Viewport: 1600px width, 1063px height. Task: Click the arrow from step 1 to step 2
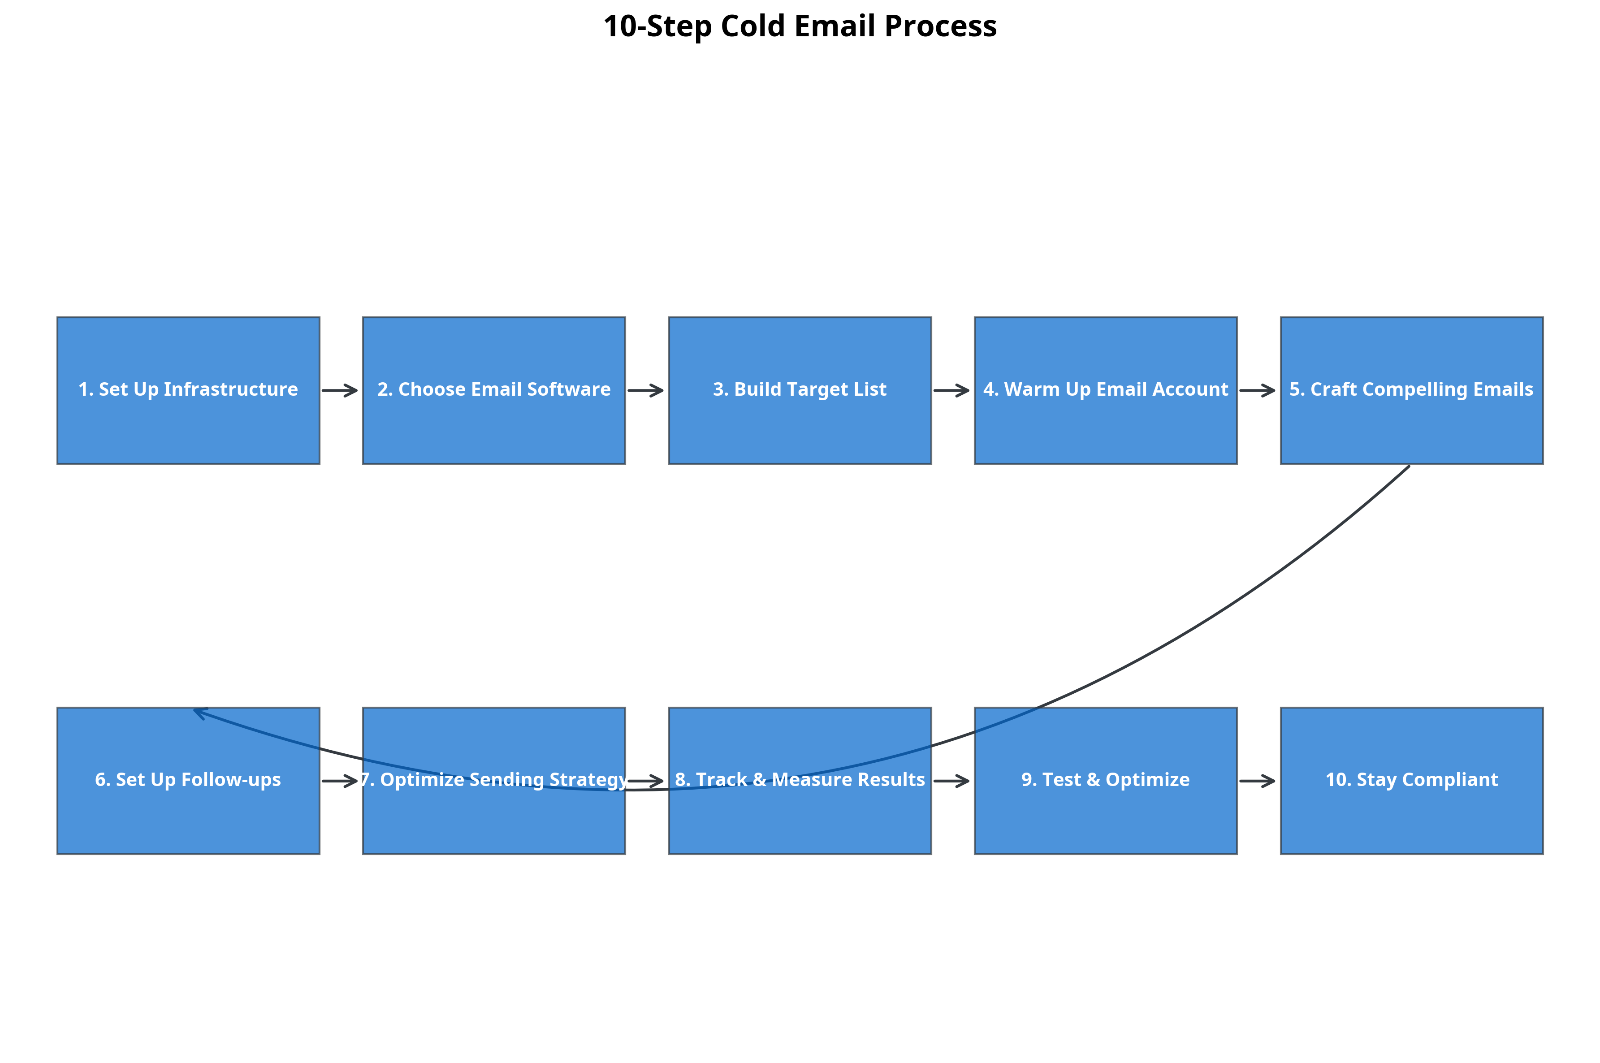coord(340,390)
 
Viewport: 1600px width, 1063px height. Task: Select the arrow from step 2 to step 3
coord(645,390)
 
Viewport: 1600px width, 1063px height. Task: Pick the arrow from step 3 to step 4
coord(951,390)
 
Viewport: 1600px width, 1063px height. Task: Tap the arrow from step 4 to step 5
coord(1257,390)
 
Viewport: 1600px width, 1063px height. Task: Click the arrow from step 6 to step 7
coord(340,781)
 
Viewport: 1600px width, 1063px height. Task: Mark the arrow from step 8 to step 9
coord(951,781)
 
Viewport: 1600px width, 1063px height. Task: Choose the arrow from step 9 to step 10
coord(1257,781)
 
